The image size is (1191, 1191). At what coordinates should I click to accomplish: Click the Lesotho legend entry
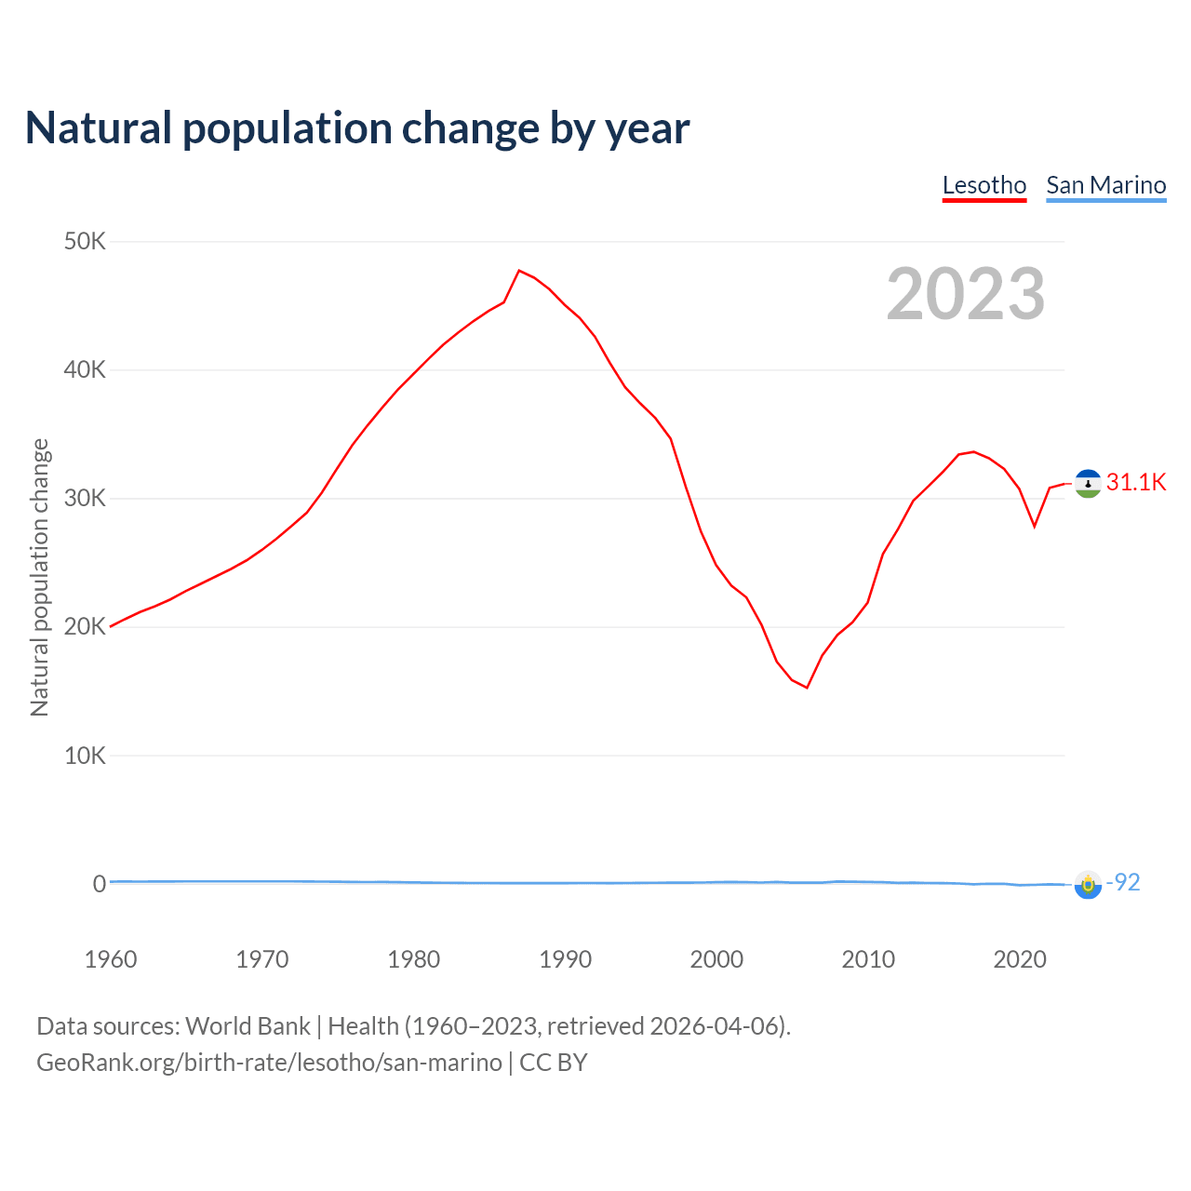point(984,185)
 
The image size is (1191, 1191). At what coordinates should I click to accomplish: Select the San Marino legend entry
point(1105,185)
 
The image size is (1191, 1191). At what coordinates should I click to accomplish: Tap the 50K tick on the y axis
point(86,242)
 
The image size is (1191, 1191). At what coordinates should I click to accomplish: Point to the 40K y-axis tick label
point(86,370)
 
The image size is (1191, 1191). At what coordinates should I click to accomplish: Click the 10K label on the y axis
point(86,756)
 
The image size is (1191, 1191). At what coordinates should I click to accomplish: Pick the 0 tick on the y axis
point(100,884)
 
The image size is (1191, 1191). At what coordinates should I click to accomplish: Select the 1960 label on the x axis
point(111,959)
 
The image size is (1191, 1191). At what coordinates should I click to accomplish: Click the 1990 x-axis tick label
point(565,959)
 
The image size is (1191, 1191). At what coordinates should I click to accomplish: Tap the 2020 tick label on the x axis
point(1020,959)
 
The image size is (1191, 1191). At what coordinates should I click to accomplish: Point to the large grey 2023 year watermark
point(966,294)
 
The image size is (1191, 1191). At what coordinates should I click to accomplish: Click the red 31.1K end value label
point(1136,482)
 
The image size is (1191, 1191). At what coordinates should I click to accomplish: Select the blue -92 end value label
point(1123,882)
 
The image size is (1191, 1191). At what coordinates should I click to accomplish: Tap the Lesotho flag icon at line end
point(1088,483)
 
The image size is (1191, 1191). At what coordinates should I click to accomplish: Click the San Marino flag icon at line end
point(1088,884)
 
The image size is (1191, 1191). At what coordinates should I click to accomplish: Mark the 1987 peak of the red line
point(519,271)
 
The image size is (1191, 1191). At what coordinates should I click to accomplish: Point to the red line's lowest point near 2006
point(807,688)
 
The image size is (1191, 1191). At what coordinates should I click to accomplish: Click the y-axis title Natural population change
point(40,577)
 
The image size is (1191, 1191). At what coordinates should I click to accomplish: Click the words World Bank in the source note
point(248,1026)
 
